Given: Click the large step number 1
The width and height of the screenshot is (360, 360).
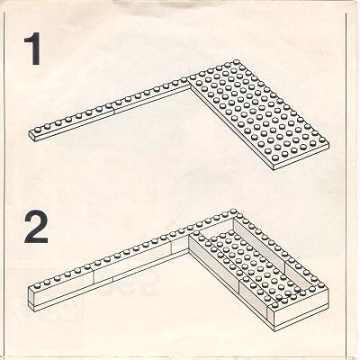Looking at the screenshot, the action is point(32,49).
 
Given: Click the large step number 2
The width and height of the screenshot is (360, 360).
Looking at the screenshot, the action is point(36,226).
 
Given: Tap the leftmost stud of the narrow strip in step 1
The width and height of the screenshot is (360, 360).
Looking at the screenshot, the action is point(38,130).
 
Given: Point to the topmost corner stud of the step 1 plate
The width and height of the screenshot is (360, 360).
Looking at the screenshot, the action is point(236,62).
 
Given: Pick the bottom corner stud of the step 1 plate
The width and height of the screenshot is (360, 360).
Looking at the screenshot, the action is point(274,158).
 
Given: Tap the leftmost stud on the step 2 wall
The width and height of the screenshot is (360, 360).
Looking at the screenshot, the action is point(38,284).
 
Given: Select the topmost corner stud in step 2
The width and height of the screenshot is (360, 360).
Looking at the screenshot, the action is point(234,211).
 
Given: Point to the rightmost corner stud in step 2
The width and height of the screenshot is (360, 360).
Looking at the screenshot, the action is point(321,284).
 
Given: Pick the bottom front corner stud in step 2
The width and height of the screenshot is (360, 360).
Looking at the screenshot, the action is point(274,305).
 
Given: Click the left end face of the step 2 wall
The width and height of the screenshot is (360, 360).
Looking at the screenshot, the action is point(31,296).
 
